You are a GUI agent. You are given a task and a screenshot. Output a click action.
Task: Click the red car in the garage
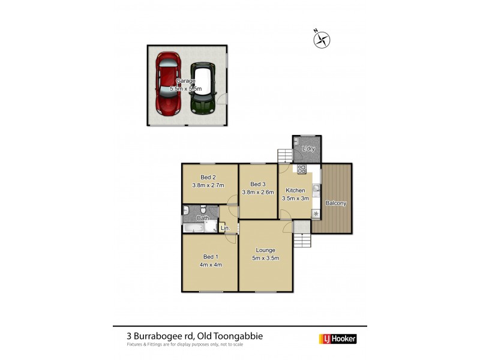point(169,84)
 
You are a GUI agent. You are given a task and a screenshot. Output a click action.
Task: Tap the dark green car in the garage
point(204,89)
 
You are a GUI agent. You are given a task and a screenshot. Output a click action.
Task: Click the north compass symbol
point(322,40)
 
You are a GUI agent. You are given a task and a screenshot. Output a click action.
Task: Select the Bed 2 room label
point(208,177)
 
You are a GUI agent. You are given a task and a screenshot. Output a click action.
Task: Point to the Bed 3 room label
point(258,184)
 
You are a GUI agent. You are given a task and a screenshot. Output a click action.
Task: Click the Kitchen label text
point(295,190)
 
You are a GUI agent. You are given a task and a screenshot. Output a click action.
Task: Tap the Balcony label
point(336,203)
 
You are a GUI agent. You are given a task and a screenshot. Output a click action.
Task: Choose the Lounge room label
point(265,250)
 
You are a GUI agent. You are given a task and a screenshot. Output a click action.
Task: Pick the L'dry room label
point(309,148)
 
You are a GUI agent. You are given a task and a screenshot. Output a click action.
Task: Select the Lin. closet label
point(225,228)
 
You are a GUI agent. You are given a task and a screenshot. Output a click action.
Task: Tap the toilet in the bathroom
point(203,209)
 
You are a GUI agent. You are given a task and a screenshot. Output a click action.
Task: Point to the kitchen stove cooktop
point(301,169)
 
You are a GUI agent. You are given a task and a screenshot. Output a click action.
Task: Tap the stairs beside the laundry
point(284,156)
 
